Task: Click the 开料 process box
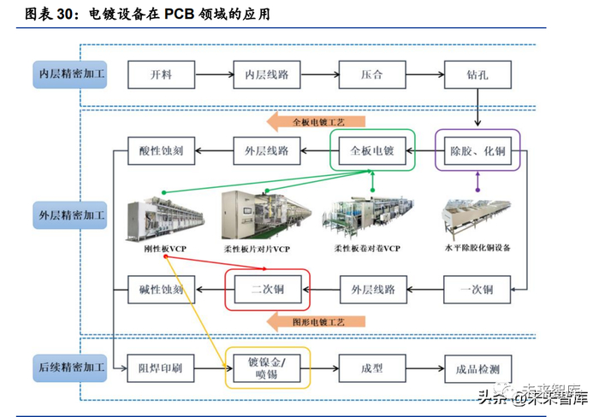[x=161, y=74]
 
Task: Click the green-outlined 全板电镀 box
[x=372, y=151]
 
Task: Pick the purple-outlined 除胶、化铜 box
[x=478, y=151]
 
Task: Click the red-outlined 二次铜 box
[x=267, y=290]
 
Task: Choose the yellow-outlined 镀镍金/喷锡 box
[x=267, y=368]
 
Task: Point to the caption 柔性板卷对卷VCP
[x=367, y=248]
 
